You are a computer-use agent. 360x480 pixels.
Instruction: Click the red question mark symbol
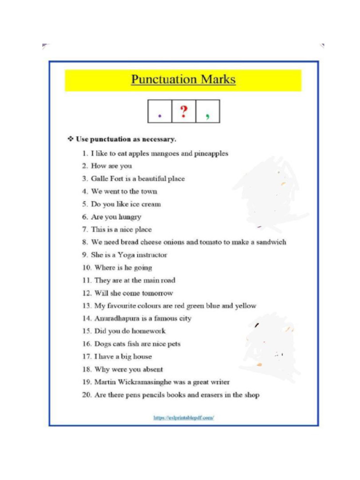click(x=184, y=112)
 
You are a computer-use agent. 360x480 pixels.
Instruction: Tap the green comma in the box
click(x=207, y=116)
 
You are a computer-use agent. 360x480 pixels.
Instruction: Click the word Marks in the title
click(x=218, y=79)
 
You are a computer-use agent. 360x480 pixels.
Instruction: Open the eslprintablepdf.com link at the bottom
click(x=184, y=417)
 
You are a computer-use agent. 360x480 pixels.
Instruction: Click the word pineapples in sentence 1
click(x=211, y=154)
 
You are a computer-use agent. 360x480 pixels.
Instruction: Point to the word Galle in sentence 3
click(x=99, y=179)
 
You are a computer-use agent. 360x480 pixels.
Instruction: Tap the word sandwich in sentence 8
click(x=271, y=242)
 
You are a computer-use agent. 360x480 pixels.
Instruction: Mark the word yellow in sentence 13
click(x=246, y=306)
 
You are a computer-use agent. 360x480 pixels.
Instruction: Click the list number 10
click(x=86, y=268)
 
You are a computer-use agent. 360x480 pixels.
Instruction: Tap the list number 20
click(x=86, y=395)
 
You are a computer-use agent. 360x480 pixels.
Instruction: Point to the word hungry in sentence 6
click(x=130, y=217)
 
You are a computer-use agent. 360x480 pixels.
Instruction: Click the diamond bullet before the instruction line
click(x=71, y=139)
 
